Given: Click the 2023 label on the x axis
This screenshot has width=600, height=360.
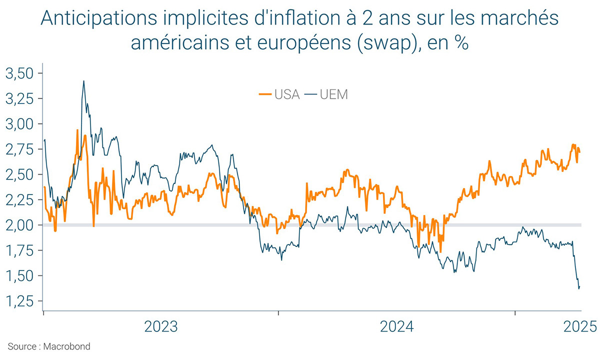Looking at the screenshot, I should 161,327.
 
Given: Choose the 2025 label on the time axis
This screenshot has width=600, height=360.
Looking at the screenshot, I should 580,327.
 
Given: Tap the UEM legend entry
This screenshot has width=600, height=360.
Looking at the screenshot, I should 334,94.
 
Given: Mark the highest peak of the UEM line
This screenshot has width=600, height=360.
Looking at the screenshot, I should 83,81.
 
